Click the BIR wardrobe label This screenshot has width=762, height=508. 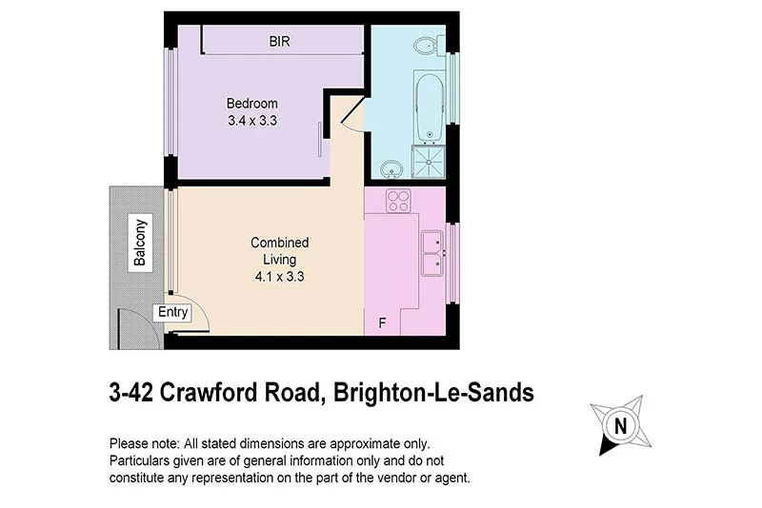pyautogui.click(x=279, y=42)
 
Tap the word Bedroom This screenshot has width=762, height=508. pyautogui.click(x=251, y=104)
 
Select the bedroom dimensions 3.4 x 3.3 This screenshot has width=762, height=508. pyautogui.click(x=251, y=121)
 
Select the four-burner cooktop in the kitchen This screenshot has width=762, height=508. pyautogui.click(x=397, y=201)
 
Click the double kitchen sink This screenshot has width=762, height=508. pyautogui.click(x=431, y=252)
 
